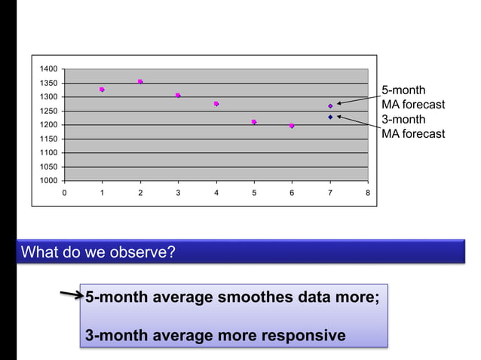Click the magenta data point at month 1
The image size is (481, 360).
tap(102, 90)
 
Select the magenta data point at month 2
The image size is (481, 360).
tap(140, 81)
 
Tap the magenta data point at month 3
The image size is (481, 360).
tap(178, 96)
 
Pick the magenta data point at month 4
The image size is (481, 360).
tap(216, 104)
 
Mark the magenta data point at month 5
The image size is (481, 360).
tap(254, 122)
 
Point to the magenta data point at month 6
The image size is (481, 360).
tap(292, 126)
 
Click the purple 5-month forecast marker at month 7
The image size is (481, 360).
tap(330, 106)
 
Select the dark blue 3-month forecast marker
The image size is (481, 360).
tap(330, 117)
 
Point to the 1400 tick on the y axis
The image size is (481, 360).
tap(48, 69)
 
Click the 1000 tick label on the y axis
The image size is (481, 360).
tap(48, 181)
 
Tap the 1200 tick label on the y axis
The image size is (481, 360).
tap(48, 125)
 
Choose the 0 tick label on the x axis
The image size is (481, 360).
tap(64, 193)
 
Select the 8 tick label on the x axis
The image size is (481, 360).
tap(368, 193)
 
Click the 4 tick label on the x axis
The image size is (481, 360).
tap(216, 193)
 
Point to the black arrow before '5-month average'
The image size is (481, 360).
tap(72, 294)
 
